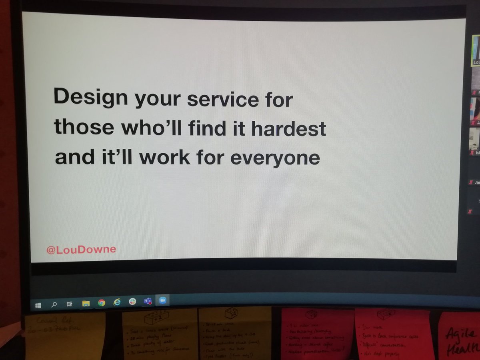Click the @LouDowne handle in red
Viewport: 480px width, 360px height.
81,250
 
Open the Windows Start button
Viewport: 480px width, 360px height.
38,305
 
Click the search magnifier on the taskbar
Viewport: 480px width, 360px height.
54,305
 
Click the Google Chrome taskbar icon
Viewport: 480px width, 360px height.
102,303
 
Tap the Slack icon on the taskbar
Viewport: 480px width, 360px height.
132,302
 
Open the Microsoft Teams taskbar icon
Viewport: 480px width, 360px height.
148,301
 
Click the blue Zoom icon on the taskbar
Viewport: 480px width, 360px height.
163,301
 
